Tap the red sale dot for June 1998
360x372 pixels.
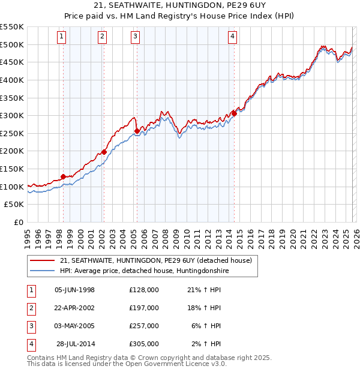coord(63,176)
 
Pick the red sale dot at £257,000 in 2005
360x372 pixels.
coord(137,131)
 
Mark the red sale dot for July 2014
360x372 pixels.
coord(234,113)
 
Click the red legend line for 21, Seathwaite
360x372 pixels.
coord(42,260)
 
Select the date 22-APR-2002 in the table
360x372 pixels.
coord(75,308)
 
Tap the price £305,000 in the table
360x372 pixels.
coord(144,344)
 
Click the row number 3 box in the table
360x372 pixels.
coord(31,326)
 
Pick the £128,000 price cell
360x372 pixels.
coord(144,290)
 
